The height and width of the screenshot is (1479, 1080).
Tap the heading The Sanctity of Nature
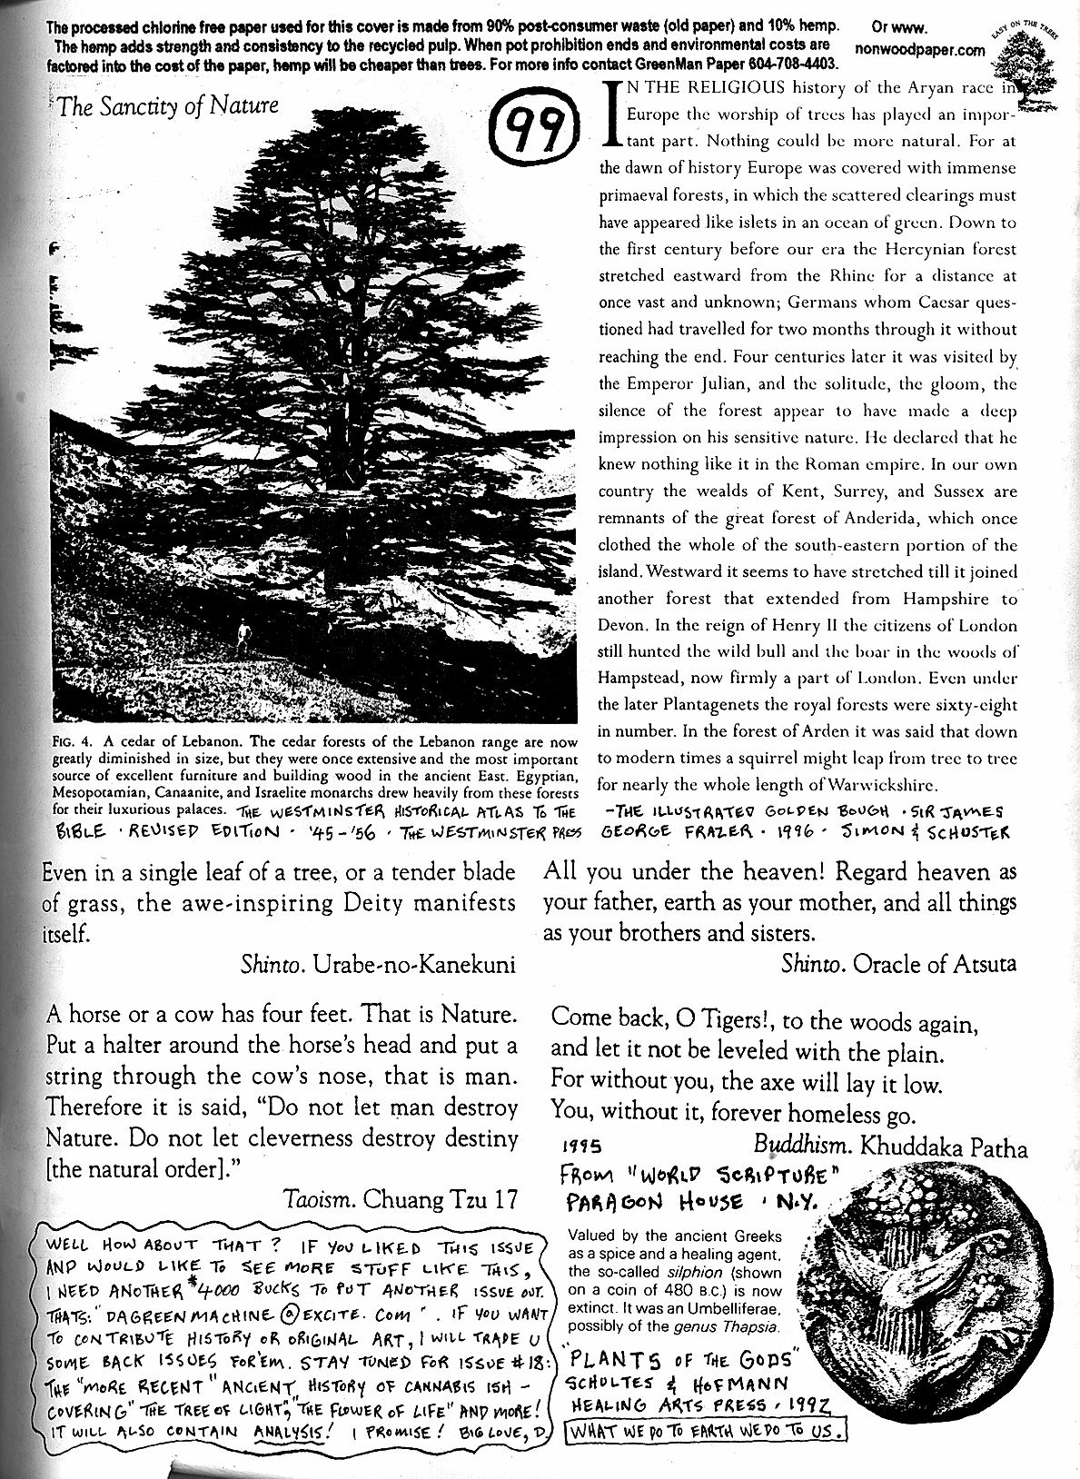click(x=167, y=105)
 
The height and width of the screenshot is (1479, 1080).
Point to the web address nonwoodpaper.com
click(x=920, y=51)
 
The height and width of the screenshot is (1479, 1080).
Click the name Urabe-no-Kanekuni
click(x=415, y=964)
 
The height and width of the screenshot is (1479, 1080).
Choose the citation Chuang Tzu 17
click(x=440, y=1199)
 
